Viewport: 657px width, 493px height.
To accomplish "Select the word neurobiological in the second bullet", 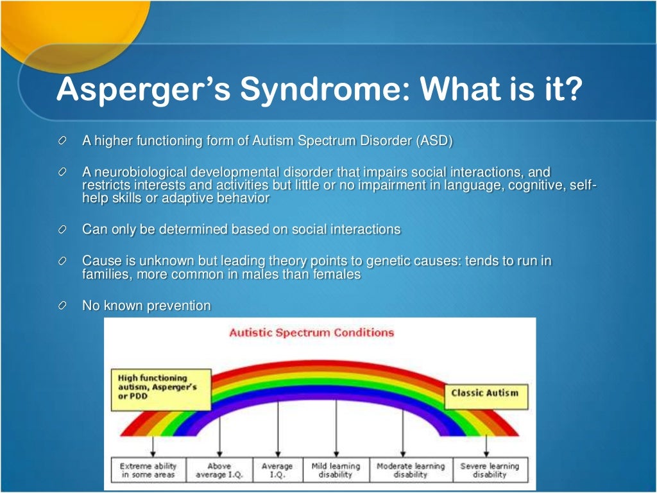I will [x=139, y=173].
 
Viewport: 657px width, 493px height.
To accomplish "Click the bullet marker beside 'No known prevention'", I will [x=62, y=306].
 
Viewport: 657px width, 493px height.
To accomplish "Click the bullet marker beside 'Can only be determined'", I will [x=62, y=230].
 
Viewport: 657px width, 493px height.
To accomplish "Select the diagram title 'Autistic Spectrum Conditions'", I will [x=311, y=333].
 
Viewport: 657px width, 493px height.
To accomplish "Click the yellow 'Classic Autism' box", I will [x=484, y=393].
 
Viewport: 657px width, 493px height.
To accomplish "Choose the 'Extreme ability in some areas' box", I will [x=148, y=470].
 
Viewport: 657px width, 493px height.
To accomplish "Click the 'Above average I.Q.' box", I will [x=219, y=470].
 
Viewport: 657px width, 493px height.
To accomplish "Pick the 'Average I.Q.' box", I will [x=277, y=470].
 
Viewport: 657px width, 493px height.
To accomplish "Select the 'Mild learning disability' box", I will [x=336, y=470].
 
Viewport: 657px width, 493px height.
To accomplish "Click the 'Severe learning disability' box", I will [x=490, y=470].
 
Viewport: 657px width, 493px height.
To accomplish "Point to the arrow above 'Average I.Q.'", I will [x=277, y=430].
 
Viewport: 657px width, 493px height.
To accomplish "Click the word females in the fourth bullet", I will [x=336, y=274].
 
